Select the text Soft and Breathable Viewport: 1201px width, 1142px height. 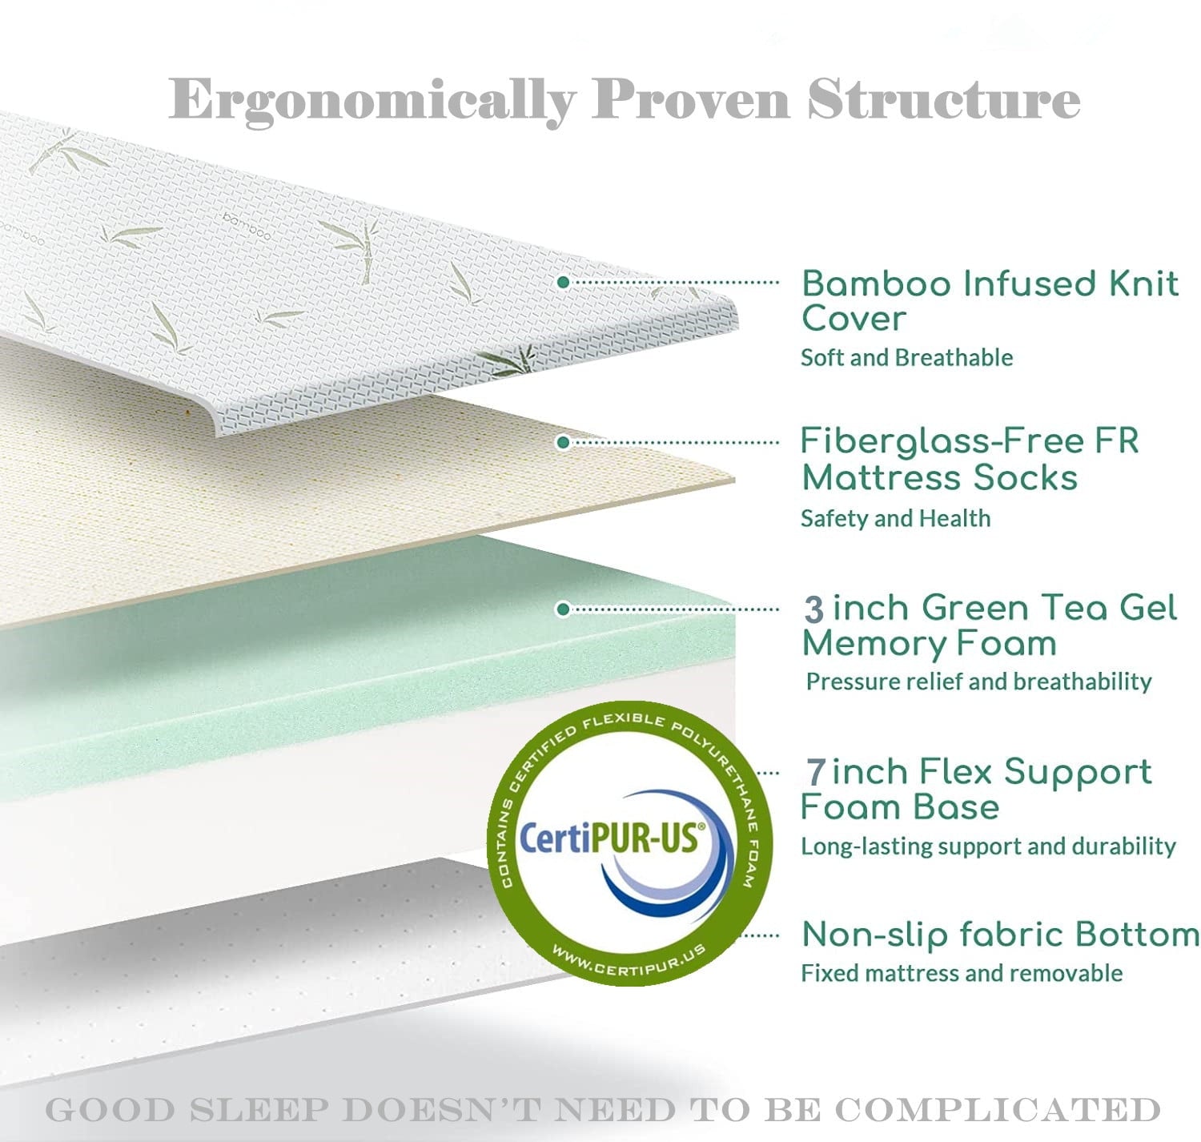pos(906,357)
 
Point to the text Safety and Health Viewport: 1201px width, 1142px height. pos(895,518)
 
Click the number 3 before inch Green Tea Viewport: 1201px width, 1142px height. pos(813,609)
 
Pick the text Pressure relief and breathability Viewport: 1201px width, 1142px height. pos(978,682)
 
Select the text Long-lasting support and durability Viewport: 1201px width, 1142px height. pos(988,846)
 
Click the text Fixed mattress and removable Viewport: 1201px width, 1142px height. pos(962,973)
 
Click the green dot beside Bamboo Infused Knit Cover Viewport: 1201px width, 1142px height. pos(563,283)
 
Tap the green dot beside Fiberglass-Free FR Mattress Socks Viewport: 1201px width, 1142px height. pos(563,442)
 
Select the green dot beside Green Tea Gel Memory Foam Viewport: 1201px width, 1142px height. pos(563,609)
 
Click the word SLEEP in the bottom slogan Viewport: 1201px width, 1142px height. pos(268,1110)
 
